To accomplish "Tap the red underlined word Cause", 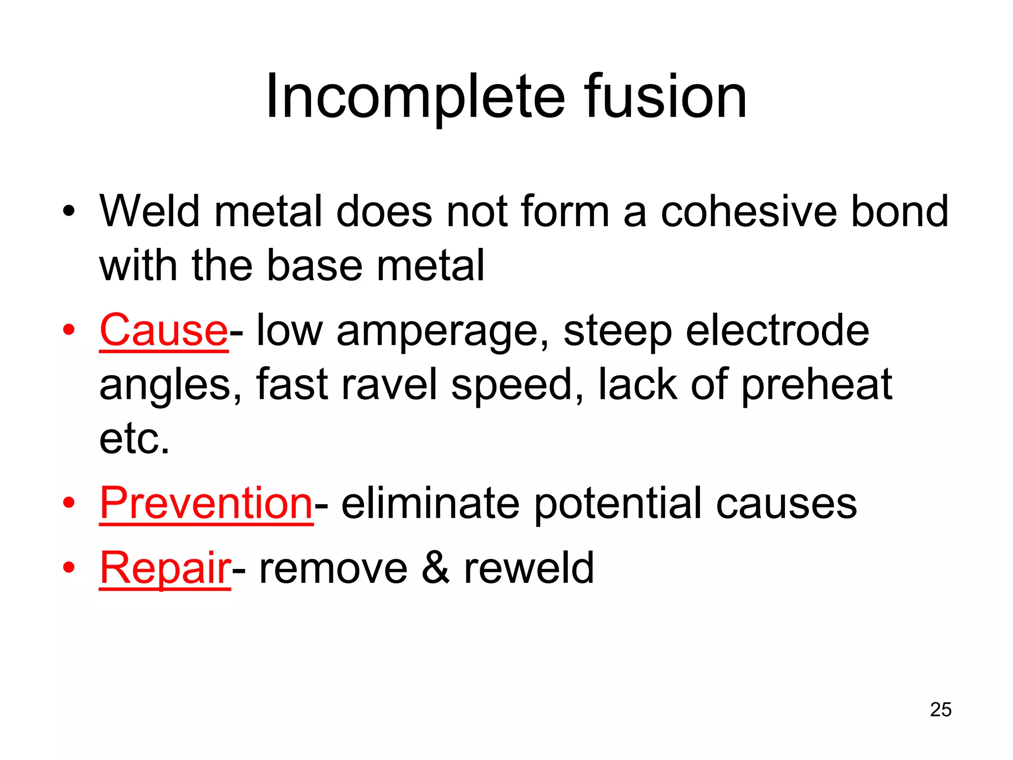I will (164, 331).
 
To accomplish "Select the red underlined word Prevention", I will (206, 503).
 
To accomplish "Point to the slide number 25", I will (940, 710).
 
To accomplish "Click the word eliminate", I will (430, 503).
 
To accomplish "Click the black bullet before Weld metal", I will (69, 212).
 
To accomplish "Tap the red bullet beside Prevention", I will (69, 503).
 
